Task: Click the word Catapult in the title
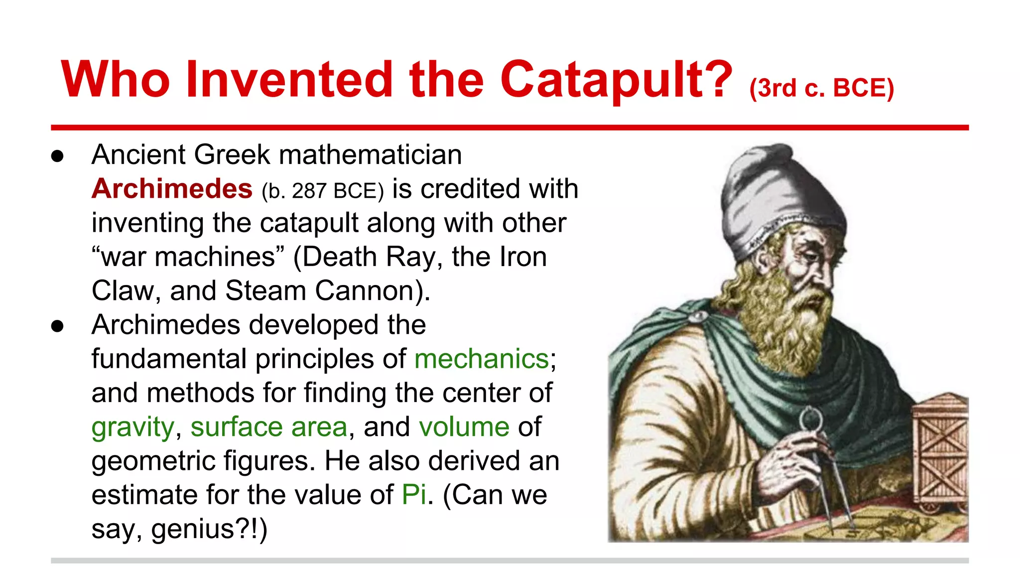click(x=617, y=80)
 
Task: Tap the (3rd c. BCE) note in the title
click(x=822, y=88)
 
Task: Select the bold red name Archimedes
click(x=172, y=189)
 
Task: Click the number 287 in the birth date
click(x=309, y=191)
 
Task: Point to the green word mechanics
click(x=481, y=359)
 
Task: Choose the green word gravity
click(x=132, y=428)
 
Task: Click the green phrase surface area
click(x=269, y=427)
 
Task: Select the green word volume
click(x=464, y=427)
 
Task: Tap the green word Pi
click(x=414, y=495)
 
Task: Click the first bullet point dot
click(x=58, y=156)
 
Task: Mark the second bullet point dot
click(x=58, y=326)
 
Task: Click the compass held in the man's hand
click(x=817, y=458)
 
